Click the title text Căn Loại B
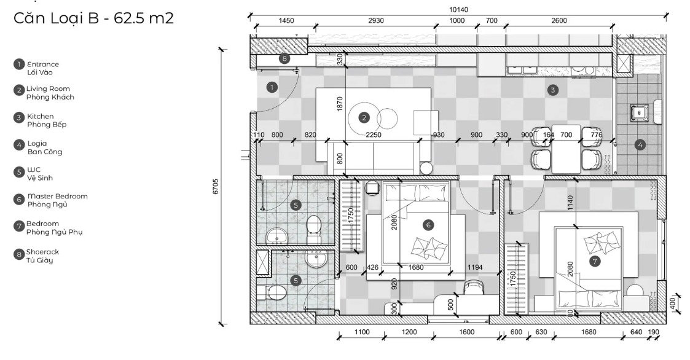(x=57, y=18)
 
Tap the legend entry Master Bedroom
(x=58, y=197)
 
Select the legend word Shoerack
(x=42, y=252)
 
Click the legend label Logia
(x=37, y=144)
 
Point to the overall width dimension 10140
(x=458, y=10)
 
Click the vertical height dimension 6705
(x=216, y=187)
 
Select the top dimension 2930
(x=376, y=21)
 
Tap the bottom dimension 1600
(x=466, y=332)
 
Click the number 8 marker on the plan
(x=284, y=58)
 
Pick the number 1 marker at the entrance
(x=272, y=87)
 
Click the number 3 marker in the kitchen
(x=553, y=90)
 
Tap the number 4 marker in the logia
(x=640, y=144)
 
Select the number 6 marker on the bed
(x=428, y=225)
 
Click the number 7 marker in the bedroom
(x=595, y=262)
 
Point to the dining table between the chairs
(x=567, y=149)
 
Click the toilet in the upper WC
(x=313, y=228)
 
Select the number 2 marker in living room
(x=364, y=117)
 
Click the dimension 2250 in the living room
(x=374, y=135)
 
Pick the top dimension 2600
(x=559, y=21)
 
